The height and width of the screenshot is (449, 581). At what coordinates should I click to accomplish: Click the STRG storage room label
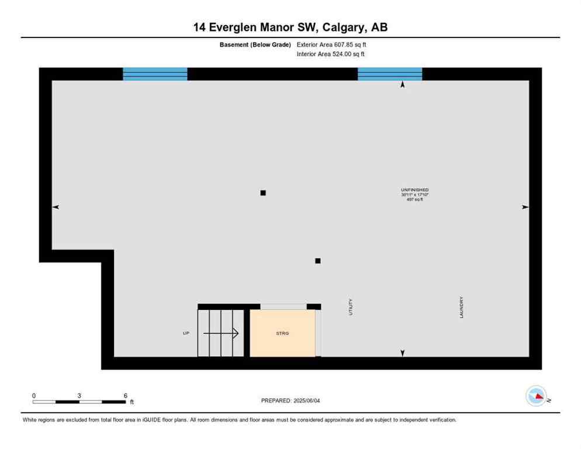click(x=283, y=333)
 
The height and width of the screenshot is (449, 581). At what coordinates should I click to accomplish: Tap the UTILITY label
click(x=351, y=308)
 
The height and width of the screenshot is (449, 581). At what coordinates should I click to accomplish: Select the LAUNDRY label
click(x=462, y=308)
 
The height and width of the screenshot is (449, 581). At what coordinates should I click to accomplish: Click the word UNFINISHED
click(x=414, y=190)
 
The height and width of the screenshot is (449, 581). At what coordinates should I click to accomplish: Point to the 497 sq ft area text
click(x=414, y=199)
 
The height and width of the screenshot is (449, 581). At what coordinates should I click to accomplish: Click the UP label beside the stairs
click(x=186, y=333)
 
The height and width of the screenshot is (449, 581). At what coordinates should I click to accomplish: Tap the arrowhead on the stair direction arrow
click(x=236, y=333)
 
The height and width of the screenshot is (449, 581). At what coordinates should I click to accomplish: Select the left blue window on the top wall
click(x=155, y=74)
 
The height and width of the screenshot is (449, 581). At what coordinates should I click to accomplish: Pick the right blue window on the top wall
click(x=390, y=74)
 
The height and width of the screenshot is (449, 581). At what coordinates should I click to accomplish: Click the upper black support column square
click(x=263, y=192)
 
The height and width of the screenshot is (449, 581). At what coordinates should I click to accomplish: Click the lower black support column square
click(x=317, y=261)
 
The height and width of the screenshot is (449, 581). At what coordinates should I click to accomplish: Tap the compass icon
click(x=537, y=396)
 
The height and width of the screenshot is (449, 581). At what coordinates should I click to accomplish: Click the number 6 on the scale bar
click(x=125, y=395)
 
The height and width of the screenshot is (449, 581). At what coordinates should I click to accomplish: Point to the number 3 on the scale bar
click(x=79, y=395)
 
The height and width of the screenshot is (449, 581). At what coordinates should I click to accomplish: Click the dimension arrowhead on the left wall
click(x=56, y=207)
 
